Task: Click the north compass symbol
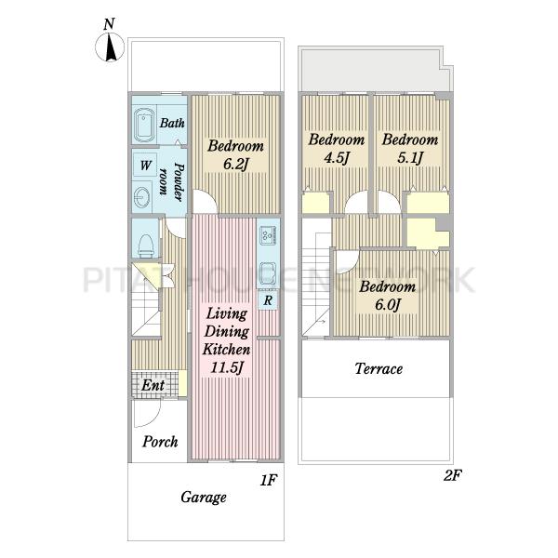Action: (110, 46)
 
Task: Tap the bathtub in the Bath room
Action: (144, 126)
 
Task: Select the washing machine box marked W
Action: (145, 165)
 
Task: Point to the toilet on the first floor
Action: (146, 245)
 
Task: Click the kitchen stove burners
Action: (269, 235)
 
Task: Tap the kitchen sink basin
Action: (269, 272)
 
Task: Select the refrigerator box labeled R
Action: (268, 300)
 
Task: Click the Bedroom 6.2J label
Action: (235, 154)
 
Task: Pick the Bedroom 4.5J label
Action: (337, 148)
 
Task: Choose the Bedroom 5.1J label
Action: (410, 148)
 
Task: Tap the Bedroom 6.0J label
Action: (387, 296)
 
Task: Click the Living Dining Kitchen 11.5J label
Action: (227, 340)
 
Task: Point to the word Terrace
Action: (379, 368)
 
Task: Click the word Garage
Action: (203, 498)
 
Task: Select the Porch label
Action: (160, 442)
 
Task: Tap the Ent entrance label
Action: (153, 385)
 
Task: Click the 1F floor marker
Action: (269, 481)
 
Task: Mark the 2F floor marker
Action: (452, 475)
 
